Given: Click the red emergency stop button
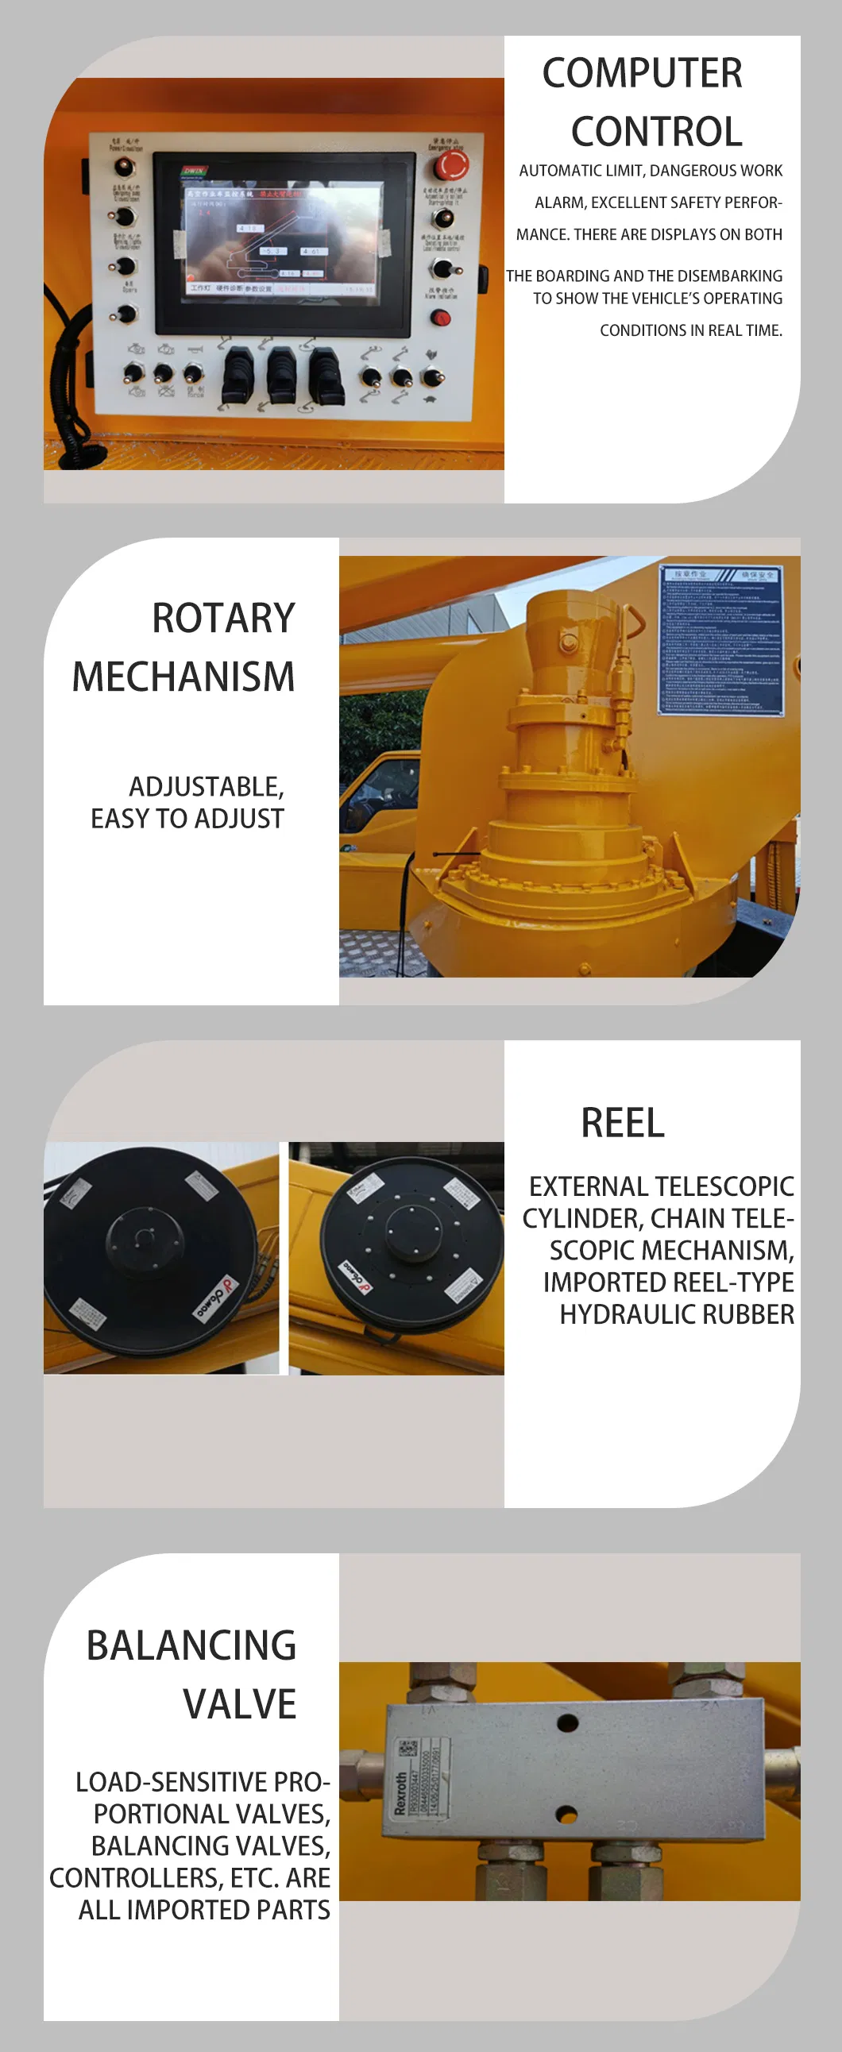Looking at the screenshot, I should tap(451, 166).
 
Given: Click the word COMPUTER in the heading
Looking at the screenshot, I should tap(642, 73).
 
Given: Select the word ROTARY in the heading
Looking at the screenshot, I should tap(224, 618).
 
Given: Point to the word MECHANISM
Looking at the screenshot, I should tap(183, 677).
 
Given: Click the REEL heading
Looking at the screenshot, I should tap(622, 1123).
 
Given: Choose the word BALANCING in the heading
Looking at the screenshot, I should tap(191, 1645).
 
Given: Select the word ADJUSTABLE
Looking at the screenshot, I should tap(207, 787).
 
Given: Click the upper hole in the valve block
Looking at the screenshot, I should tap(567, 1723).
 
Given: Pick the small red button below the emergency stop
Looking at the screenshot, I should tap(441, 318).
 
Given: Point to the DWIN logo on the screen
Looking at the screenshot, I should tap(195, 171).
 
